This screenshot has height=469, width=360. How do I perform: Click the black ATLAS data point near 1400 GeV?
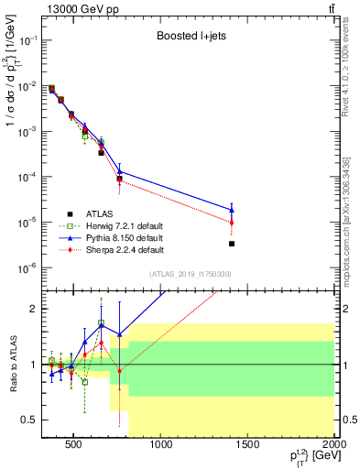[x=232, y=244]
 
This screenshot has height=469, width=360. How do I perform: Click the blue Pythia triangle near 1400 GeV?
[x=232, y=210]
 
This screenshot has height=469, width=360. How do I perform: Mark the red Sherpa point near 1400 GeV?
[x=232, y=223]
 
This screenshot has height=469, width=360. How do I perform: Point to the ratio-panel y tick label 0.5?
[x=29, y=420]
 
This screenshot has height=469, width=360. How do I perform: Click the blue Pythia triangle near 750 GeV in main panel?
[x=120, y=171]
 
